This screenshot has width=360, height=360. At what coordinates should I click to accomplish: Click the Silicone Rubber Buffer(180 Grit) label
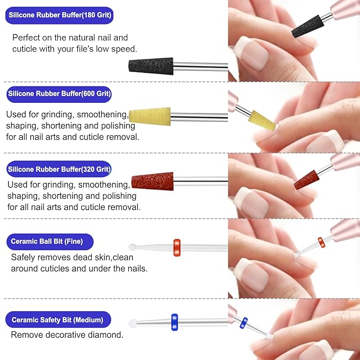(x=60, y=14)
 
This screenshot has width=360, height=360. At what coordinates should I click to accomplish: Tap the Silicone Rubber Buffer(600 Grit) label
(x=59, y=94)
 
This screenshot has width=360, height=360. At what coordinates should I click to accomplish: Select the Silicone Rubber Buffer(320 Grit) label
(x=59, y=170)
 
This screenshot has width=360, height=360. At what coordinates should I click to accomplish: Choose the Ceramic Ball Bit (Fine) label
(x=51, y=242)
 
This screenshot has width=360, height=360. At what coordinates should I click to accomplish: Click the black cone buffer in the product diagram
(x=151, y=66)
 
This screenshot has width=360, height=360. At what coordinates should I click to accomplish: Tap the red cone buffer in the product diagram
(x=152, y=181)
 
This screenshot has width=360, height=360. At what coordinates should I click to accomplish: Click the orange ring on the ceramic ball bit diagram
(x=177, y=247)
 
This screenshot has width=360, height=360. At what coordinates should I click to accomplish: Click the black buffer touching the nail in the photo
(x=308, y=26)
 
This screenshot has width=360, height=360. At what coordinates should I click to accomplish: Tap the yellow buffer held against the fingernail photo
(x=263, y=120)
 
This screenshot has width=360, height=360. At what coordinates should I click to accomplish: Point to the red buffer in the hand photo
(x=307, y=179)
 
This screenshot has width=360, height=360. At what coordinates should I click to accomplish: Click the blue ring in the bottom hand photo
(x=243, y=322)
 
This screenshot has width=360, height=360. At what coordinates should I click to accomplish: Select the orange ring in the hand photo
(x=321, y=242)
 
